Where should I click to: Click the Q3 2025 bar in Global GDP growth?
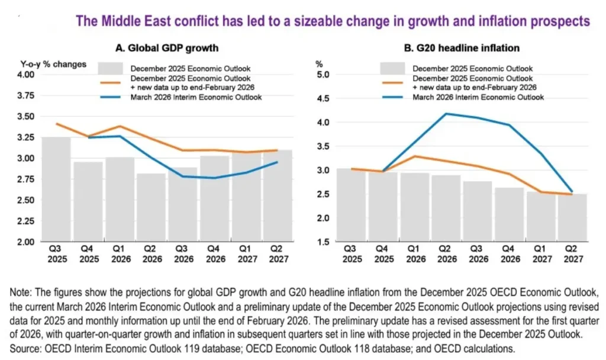pos(56,189)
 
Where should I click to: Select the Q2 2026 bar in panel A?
pos(151,207)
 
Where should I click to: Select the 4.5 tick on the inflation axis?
pos(323,99)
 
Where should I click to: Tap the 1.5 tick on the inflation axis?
pos(323,243)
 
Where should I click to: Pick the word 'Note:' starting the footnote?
pos(24,293)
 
